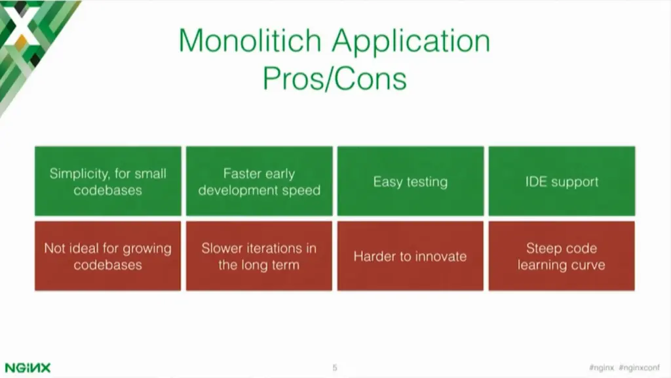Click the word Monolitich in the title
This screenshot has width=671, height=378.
point(251,41)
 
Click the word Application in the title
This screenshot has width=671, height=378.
point(411,42)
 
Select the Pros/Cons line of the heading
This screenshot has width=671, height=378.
point(335,78)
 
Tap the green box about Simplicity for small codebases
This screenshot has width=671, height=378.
point(108,181)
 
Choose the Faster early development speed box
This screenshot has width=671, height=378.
point(259,181)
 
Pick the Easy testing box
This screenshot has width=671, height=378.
point(410,181)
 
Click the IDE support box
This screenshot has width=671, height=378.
point(562,181)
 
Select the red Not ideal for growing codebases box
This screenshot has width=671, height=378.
point(108,256)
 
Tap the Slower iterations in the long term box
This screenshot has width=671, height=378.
point(259,256)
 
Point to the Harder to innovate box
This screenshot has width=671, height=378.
point(410,256)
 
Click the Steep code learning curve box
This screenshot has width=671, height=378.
point(562,256)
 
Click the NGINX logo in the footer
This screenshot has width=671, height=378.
point(28,367)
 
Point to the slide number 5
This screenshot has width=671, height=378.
point(335,368)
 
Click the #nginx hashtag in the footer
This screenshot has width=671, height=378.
point(601,368)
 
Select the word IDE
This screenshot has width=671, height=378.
point(537,182)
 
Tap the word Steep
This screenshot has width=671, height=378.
point(545,249)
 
